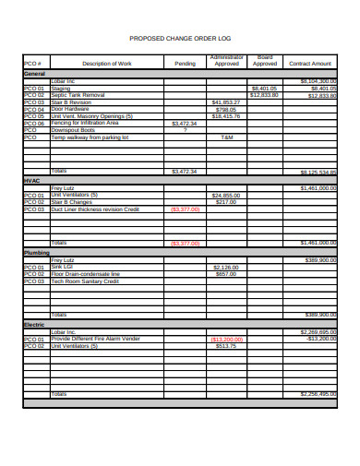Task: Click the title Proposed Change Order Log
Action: click(x=180, y=39)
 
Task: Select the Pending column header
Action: click(x=185, y=64)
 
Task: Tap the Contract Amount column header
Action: click(x=310, y=64)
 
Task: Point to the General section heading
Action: click(x=34, y=73)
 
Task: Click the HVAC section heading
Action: click(x=31, y=182)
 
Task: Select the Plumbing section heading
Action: click(x=36, y=252)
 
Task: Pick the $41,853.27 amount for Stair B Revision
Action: click(x=225, y=102)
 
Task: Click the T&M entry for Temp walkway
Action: click(x=226, y=137)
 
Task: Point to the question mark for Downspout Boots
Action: click(x=185, y=130)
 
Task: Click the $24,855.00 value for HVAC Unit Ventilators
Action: click(x=225, y=196)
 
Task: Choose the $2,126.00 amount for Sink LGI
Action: click(x=225, y=267)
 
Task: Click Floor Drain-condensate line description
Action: click(x=86, y=274)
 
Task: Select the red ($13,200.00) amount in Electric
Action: click(x=225, y=339)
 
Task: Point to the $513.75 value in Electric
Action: click(x=225, y=346)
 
